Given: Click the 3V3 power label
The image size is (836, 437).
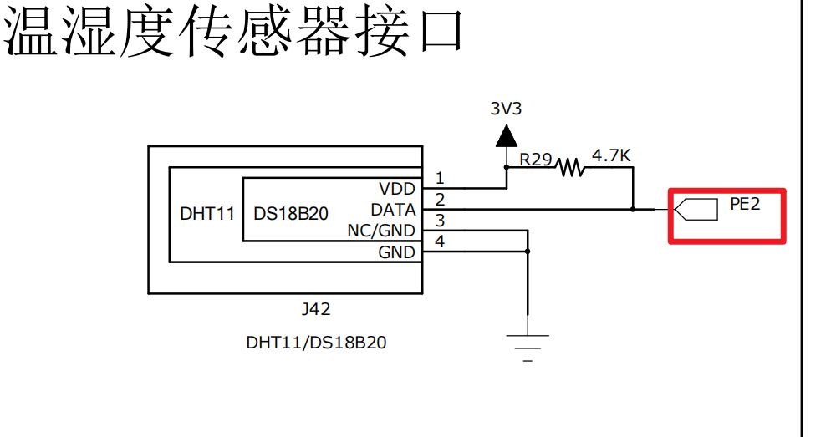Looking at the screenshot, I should (507, 109).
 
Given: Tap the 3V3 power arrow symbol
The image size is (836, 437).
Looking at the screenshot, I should (506, 135).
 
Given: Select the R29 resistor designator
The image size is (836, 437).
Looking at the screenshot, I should (535, 159).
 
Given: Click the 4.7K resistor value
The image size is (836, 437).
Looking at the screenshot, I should (611, 155).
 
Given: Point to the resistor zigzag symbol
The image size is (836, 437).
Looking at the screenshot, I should (571, 167).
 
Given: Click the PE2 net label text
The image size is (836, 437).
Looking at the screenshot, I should (745, 203).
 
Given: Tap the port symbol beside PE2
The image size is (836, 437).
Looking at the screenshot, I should (696, 209).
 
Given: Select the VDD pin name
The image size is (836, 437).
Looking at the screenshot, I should (397, 189).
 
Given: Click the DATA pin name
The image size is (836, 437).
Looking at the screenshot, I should (393, 210).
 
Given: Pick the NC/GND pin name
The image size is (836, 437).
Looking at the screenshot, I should (381, 231).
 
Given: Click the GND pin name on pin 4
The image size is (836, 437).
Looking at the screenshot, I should (396, 252).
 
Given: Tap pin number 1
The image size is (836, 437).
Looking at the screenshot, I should (440, 178).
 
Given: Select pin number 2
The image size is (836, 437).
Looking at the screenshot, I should (440, 199).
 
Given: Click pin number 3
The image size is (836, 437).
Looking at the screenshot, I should (440, 221).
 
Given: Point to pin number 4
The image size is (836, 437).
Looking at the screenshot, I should (440, 242).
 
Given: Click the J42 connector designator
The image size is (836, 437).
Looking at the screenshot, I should (315, 309).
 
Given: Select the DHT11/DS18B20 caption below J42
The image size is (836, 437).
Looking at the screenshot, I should (316, 343).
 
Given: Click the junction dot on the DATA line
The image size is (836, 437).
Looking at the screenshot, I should (633, 209).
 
